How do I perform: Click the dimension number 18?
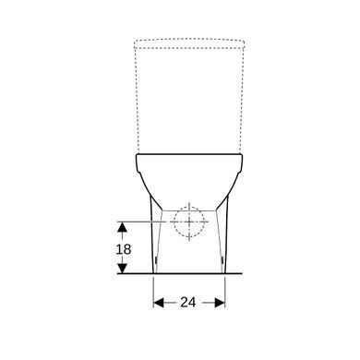124,249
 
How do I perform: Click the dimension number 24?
188,303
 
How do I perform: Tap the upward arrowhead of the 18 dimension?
123,227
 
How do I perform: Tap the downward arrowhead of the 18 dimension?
123,269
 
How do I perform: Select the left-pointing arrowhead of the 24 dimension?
159,303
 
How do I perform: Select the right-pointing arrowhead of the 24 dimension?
220,303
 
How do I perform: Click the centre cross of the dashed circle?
189,222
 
